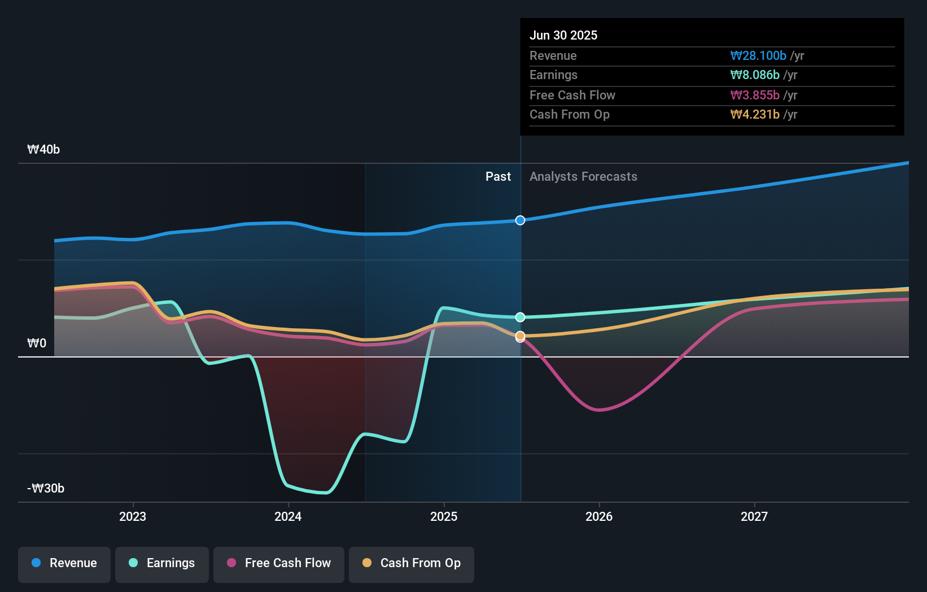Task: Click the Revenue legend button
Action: [x=64, y=563]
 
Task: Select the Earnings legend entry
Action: [x=162, y=563]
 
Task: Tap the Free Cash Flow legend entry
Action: [x=279, y=563]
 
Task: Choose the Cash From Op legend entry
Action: [x=412, y=563]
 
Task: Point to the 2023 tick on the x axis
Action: [x=133, y=516]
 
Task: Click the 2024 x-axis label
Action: [x=288, y=516]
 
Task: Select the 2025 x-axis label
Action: [x=444, y=516]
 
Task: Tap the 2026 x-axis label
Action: [x=599, y=516]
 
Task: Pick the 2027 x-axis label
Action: [x=754, y=516]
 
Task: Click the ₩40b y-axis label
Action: [x=43, y=150]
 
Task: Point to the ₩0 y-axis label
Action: [x=37, y=343]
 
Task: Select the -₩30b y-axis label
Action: [x=46, y=489]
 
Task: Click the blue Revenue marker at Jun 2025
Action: [x=520, y=220]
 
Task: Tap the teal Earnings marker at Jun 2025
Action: [x=520, y=317]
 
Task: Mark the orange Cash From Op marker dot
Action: [x=520, y=336]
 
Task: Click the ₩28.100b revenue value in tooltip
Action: [x=758, y=56]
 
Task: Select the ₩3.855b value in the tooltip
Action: [x=754, y=95]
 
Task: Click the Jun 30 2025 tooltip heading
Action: [x=563, y=35]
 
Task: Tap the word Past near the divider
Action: [x=498, y=177]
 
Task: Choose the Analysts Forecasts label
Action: [x=583, y=177]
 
